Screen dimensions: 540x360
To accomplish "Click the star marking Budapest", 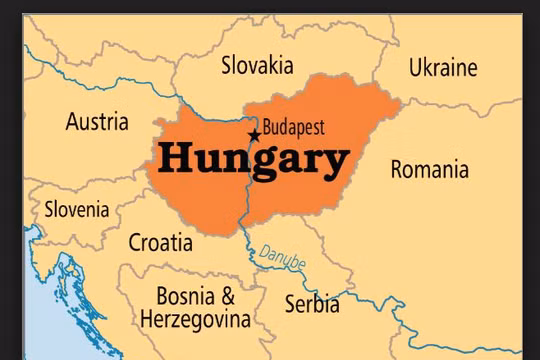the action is tap(254, 135).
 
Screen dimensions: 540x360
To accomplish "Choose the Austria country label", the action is tap(97, 122).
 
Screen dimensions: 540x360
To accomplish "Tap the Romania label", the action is tap(429, 168).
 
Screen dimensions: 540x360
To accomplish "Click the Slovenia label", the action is tap(77, 210).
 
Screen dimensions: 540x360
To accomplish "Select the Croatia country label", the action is tap(160, 242).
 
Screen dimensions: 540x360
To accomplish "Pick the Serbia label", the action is tap(311, 303).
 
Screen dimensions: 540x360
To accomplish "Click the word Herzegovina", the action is tap(195, 320).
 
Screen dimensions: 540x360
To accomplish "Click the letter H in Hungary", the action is tap(170, 157).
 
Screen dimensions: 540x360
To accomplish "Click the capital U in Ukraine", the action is tap(415, 67).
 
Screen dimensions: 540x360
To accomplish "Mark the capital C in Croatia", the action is tap(136, 242).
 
